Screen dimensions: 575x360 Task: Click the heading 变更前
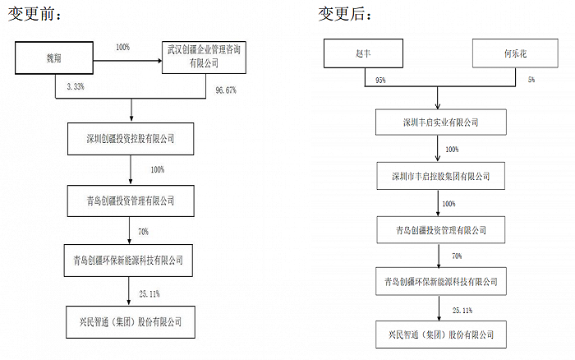(34, 14)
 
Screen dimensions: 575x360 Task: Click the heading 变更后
(345, 14)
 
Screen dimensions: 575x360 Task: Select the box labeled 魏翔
(54, 58)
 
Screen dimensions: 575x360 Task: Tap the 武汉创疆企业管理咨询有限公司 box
(204, 58)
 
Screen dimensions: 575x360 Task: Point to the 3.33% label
(76, 86)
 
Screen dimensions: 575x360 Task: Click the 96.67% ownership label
(226, 90)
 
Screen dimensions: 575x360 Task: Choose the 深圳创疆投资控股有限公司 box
(131, 139)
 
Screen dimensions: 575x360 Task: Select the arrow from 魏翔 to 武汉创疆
(127, 61)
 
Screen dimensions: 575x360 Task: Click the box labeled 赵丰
(363, 53)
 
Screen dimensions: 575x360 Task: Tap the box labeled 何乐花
(515, 53)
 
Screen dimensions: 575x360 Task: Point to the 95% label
(380, 81)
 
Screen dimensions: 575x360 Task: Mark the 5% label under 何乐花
(531, 79)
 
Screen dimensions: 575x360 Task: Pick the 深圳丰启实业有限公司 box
(441, 122)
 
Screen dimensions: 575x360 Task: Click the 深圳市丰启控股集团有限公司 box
(441, 176)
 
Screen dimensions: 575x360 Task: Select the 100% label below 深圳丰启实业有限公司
(452, 150)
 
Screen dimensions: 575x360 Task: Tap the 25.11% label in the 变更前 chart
(149, 294)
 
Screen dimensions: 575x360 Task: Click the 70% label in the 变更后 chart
(457, 256)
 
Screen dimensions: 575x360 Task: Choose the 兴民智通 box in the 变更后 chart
(441, 335)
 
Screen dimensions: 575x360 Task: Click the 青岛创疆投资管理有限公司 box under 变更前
(131, 201)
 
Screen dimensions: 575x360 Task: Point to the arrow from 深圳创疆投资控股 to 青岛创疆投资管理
(131, 169)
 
